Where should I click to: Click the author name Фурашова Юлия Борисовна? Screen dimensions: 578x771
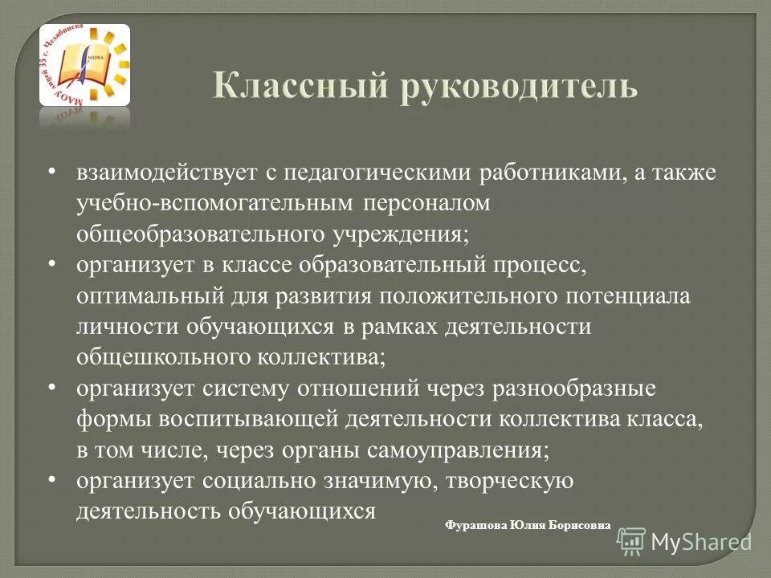[527, 525]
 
